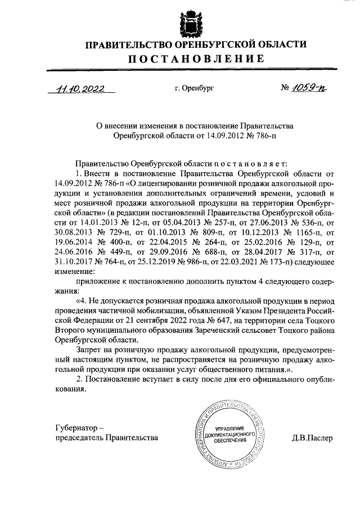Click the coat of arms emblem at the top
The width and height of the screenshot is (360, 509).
(190, 21)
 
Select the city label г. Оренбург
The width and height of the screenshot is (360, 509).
(195, 88)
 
